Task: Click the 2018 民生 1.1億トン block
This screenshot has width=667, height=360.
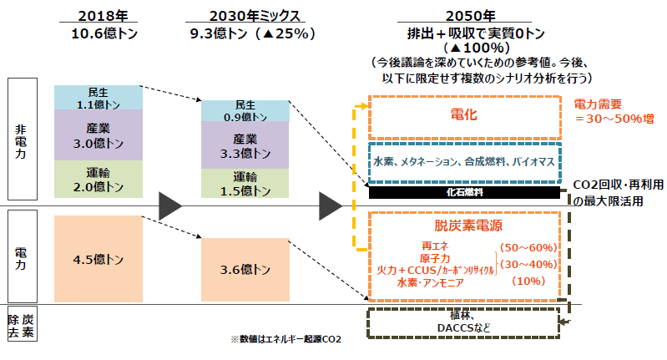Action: click(x=98, y=97)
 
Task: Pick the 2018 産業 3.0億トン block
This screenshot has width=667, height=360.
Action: click(x=98, y=134)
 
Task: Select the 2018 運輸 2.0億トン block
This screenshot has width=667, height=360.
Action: click(x=98, y=179)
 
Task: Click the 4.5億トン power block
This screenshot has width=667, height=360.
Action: click(x=98, y=260)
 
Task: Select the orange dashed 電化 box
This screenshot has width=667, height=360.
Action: click(x=464, y=115)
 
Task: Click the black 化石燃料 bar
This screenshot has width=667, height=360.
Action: click(x=464, y=192)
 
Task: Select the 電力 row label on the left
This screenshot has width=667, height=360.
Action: click(x=21, y=256)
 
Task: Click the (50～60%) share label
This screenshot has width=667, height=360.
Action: click(x=527, y=247)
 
